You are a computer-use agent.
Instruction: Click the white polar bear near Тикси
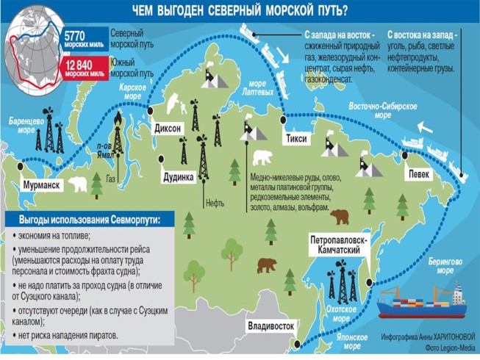262,158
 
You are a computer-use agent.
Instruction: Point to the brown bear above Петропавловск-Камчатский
340,216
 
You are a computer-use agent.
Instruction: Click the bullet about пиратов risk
70,335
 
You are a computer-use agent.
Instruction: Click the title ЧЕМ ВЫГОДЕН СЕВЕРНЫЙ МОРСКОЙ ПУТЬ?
240,11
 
